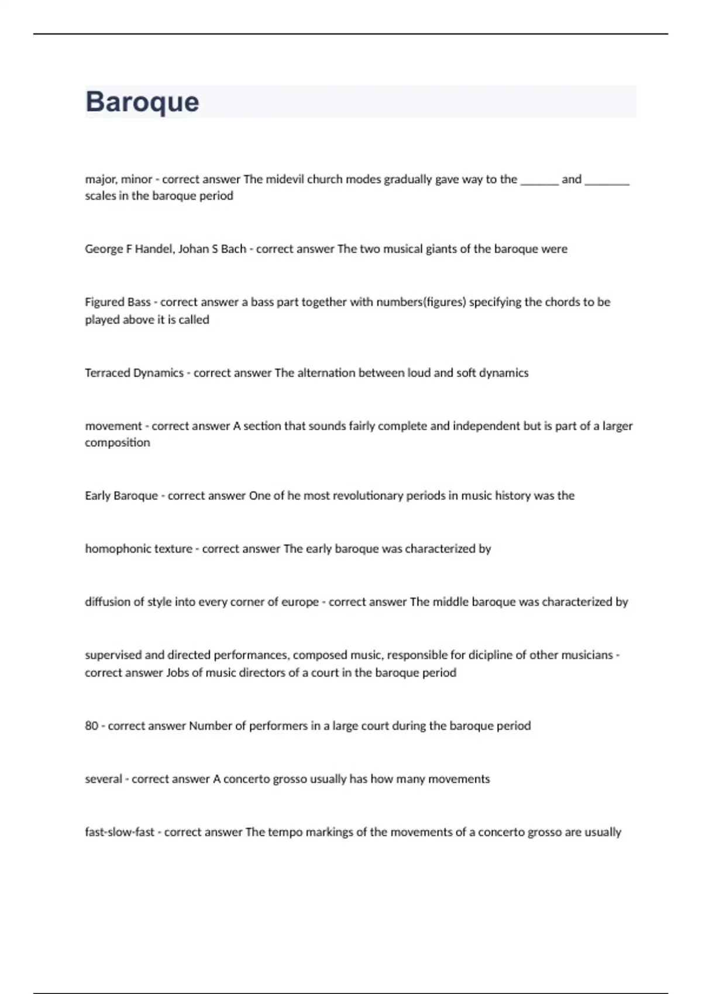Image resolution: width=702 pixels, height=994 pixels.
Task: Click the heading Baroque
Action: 142,102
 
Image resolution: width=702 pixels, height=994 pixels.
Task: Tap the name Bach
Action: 233,249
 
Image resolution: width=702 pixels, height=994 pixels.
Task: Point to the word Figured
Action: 105,302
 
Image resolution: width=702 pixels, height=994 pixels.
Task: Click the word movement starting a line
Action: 113,426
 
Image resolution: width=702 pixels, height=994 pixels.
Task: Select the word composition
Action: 118,443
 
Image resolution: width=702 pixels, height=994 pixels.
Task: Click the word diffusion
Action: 106,602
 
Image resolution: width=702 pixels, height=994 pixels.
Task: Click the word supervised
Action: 113,655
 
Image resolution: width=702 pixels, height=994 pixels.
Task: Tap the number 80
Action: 92,726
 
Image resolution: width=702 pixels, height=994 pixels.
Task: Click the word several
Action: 104,779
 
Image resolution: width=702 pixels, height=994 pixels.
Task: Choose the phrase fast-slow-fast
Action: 119,833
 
